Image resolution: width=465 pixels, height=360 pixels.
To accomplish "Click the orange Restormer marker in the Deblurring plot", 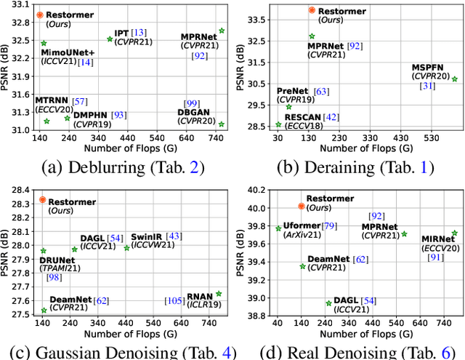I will pos(40,15).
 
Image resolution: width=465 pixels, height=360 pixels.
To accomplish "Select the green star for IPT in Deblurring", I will pos(110,39).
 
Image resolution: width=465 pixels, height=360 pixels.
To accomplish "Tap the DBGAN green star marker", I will pos(221,124).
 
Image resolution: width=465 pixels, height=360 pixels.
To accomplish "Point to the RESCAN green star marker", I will pos(278,124).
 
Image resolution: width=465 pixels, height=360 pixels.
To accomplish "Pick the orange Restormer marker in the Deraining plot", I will pos(312,10).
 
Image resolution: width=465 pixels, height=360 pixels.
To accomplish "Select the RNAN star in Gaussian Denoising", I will pos(219,294).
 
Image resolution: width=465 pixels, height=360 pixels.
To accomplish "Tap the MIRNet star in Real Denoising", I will pos(454,233).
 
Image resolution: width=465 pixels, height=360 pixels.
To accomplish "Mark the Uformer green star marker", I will pos(278,228).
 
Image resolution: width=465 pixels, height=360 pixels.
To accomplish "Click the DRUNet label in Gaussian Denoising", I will pos(57,260).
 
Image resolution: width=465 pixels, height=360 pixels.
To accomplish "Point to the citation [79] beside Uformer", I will pos(329,226).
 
